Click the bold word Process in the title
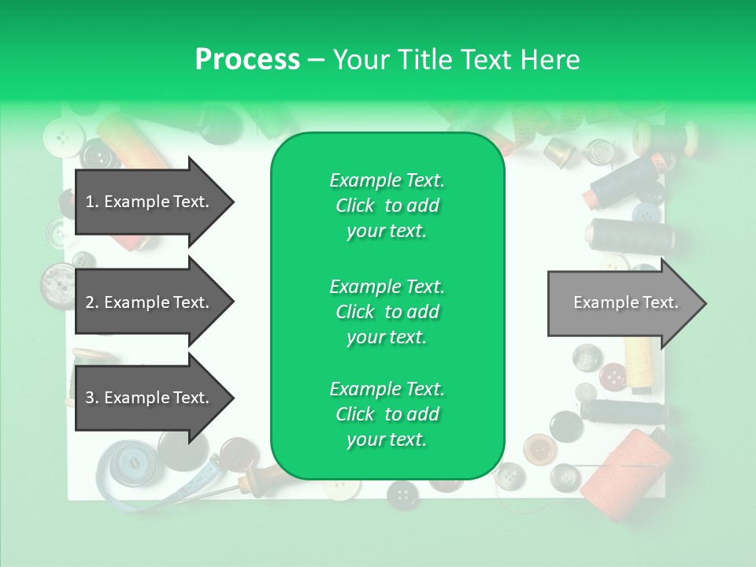[x=247, y=60]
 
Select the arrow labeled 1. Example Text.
[x=150, y=202]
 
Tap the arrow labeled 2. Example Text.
[x=150, y=302]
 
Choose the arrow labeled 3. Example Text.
[x=150, y=398]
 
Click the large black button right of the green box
[x=566, y=426]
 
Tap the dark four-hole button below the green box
[x=402, y=494]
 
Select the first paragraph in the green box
[x=387, y=206]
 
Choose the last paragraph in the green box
[x=387, y=414]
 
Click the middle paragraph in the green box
[x=387, y=311]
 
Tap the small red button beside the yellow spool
[x=612, y=377]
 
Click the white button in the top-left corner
[x=58, y=139]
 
